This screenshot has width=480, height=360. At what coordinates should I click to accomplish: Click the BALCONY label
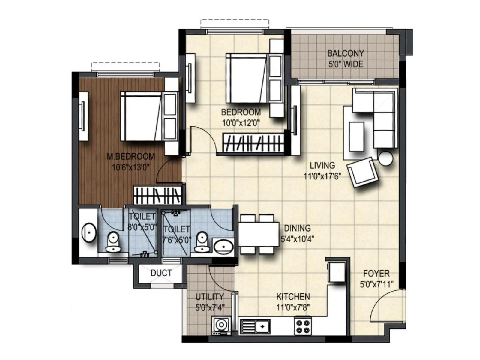(345, 53)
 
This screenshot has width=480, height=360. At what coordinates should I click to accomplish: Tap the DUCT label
(161, 273)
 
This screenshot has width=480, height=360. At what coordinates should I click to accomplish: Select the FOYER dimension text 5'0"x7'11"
(376, 284)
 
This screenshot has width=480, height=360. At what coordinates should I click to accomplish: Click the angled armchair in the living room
(362, 172)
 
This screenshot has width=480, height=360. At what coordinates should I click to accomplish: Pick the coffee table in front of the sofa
(356, 136)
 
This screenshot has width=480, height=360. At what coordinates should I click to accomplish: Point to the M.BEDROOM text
(131, 156)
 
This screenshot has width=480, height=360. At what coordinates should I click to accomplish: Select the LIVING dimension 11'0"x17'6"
(322, 176)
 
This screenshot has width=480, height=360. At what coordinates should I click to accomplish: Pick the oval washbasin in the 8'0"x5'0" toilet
(89, 232)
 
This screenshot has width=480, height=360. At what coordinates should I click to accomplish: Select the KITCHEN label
(293, 296)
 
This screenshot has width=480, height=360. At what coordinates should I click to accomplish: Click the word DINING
(297, 228)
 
